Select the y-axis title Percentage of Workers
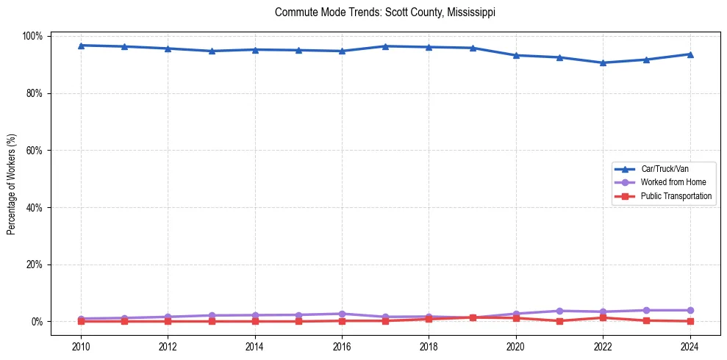click(12, 179)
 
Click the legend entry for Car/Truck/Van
click(664, 169)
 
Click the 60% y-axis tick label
click(35, 151)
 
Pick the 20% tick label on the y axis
click(35, 264)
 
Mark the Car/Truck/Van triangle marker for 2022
click(603, 62)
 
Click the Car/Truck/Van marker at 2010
click(81, 46)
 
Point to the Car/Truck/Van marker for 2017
click(385, 46)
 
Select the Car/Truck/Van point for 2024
click(690, 54)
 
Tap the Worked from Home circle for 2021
click(559, 311)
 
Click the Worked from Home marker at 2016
click(342, 314)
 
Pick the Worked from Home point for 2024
click(690, 310)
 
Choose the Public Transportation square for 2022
click(603, 317)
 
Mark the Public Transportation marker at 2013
click(212, 321)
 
